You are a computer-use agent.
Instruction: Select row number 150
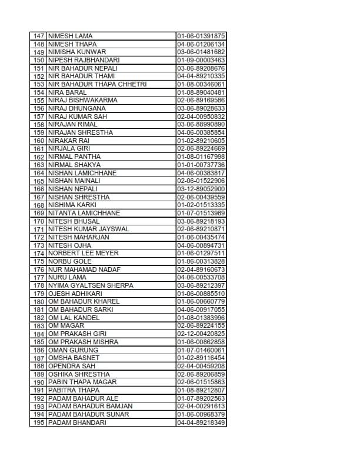pos(39,60)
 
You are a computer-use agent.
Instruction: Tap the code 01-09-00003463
pos(201,60)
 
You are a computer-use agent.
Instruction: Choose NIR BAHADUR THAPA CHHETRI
pos(97,84)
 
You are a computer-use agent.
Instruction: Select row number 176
pos(39,269)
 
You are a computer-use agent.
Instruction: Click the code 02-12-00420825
pos(201,334)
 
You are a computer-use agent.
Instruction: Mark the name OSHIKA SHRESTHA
pos(79,374)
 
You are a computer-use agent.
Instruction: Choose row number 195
pos(39,422)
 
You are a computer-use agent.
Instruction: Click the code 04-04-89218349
pos(201,422)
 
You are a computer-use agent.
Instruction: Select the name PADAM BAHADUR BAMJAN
pos(90,406)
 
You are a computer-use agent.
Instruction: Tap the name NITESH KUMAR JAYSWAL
pos(88,229)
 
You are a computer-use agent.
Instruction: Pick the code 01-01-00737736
pos(201,165)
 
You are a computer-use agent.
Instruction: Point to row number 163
pos(39,165)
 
